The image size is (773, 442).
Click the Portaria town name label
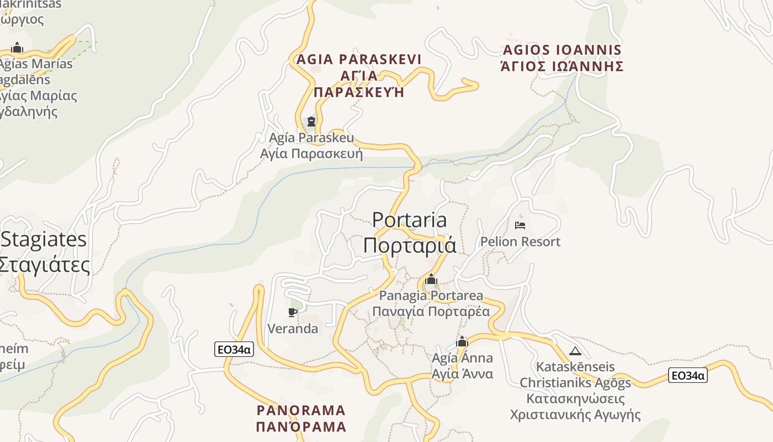point(409,220)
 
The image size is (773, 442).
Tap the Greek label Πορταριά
point(409,245)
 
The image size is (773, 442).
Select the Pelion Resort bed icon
point(520,225)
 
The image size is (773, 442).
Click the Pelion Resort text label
point(520,241)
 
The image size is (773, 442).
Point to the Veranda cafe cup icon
point(293,312)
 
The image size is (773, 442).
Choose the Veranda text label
point(293,329)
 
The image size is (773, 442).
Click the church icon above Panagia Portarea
point(431,280)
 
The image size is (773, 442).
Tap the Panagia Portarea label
point(431,296)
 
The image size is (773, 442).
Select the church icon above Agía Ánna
point(462,341)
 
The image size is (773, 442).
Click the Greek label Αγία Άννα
point(462,374)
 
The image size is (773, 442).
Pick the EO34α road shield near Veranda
point(234,349)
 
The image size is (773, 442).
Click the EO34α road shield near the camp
point(687,376)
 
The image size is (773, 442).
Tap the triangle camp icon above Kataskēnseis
point(575,351)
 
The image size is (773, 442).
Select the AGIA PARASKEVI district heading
point(359,59)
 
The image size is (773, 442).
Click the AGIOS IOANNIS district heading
point(562,50)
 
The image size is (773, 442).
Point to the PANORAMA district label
point(301,411)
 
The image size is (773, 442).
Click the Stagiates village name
point(44,239)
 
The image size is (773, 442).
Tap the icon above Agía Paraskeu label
point(311,122)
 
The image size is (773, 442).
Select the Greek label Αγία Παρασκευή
point(311,153)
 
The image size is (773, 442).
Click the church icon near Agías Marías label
point(17,48)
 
